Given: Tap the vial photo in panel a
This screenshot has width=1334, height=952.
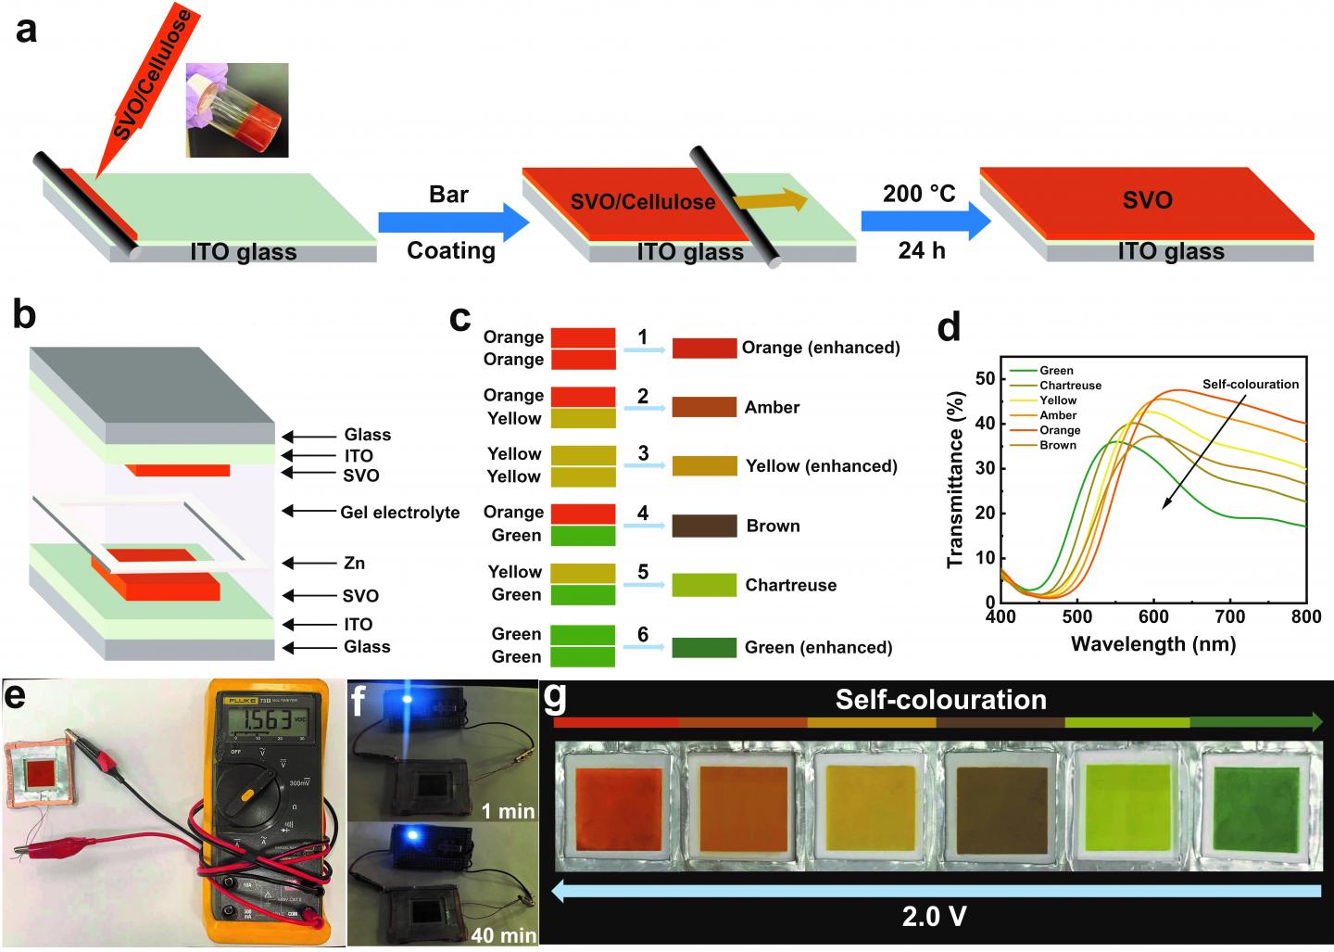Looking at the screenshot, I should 237,109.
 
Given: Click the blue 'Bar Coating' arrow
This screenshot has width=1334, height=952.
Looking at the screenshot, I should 452,223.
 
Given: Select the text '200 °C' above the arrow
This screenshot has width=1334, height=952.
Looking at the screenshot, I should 918,194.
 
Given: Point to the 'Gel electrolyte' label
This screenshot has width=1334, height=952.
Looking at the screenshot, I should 400,512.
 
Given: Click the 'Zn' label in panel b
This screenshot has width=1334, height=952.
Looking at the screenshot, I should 354,563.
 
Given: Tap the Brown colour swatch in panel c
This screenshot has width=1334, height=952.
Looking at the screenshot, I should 705,526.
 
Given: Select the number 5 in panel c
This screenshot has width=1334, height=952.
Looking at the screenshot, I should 643,572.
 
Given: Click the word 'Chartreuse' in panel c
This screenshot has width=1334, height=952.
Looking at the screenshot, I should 790,585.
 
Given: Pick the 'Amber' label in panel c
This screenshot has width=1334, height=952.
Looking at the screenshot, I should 772,407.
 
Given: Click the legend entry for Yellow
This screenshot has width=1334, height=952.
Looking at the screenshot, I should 1058,400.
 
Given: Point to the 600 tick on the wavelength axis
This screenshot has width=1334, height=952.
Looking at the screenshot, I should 1153,616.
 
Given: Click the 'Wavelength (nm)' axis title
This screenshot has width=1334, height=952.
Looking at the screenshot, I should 1153,643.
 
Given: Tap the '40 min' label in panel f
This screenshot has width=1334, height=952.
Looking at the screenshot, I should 503,934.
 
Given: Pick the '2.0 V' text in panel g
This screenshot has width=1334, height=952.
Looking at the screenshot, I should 935,917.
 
